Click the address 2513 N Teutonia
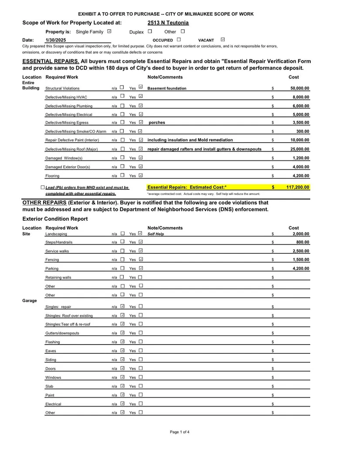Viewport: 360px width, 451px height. [x=168, y=23]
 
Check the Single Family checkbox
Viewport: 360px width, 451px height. [x=109, y=31]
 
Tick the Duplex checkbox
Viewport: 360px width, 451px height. [x=150, y=31]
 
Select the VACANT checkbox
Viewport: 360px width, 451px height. [x=223, y=40]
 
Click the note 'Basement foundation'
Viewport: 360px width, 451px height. [x=167, y=88]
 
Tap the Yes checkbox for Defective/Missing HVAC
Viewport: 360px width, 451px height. [x=141, y=96]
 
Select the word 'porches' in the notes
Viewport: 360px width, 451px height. [x=157, y=123]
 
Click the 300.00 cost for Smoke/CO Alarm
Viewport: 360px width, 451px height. [x=302, y=131]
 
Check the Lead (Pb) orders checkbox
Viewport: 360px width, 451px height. [x=42, y=188]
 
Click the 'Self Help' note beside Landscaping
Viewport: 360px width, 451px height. [x=156, y=234]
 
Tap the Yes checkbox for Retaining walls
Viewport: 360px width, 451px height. [x=141, y=277]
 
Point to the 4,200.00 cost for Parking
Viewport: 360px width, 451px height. [x=300, y=269]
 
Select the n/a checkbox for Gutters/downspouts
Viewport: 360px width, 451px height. [x=122, y=333]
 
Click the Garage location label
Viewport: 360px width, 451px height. [x=30, y=301]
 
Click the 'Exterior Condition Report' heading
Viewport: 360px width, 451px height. [x=55, y=219]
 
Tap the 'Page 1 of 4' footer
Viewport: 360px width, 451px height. [x=180, y=432]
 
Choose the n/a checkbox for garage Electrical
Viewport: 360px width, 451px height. [x=122, y=403]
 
